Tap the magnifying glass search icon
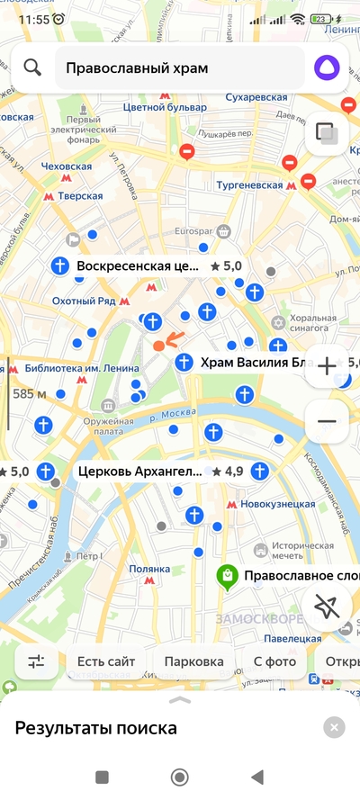click(33, 67)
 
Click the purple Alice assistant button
click(327, 67)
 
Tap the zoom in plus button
click(327, 366)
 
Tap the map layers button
click(327, 134)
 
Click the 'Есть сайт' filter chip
click(106, 661)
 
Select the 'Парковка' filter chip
click(193, 661)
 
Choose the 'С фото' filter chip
click(274, 661)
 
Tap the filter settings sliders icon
click(36, 661)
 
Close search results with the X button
click(334, 728)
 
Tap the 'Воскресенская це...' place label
click(137, 266)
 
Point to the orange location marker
click(159, 346)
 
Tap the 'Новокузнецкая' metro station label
click(279, 504)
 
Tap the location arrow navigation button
click(327, 608)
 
